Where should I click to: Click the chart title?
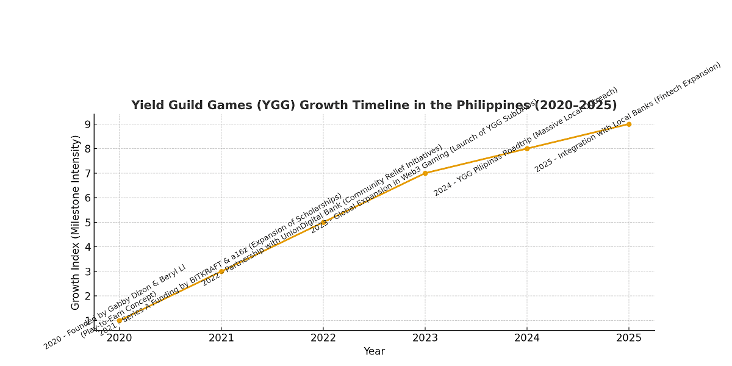[374, 106]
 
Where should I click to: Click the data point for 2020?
[120, 320]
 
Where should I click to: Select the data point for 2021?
[221, 271]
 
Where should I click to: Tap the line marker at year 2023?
[425, 173]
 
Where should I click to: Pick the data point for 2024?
[527, 148]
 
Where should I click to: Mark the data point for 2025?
[629, 124]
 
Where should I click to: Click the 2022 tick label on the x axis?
[323, 337]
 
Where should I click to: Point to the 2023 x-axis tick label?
[425, 337]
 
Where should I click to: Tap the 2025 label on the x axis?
[629, 337]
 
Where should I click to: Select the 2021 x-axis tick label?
[221, 337]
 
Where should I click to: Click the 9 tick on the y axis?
[87, 124]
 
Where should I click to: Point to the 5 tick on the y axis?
[87, 223]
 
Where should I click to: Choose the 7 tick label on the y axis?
[87, 173]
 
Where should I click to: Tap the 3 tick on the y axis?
[87, 271]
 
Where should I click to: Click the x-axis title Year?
[374, 351]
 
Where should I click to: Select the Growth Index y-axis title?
[76, 222]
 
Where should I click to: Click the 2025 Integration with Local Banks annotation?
[628, 117]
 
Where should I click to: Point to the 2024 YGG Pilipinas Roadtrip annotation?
[526, 142]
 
